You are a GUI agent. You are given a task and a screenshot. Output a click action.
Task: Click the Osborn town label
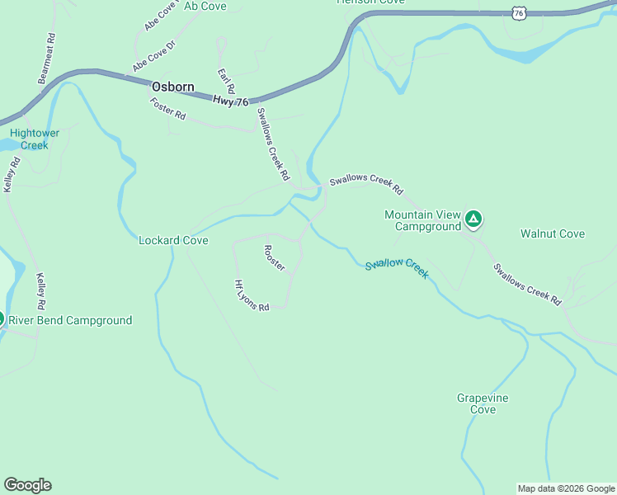172,87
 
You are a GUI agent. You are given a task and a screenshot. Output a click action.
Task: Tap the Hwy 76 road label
230,100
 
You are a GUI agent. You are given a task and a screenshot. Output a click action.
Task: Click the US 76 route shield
518,12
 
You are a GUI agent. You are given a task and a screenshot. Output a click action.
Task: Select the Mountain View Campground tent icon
473,219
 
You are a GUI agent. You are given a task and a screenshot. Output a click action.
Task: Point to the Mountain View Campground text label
422,220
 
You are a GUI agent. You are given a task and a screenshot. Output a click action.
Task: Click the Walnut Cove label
552,233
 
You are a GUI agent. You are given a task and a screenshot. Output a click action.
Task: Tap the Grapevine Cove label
483,403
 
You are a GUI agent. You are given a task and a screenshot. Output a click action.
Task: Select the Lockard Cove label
173,240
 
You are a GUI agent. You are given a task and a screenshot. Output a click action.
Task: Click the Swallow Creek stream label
397,267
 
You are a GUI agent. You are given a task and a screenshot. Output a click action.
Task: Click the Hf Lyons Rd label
252,295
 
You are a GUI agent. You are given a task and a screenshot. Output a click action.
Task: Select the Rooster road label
274,258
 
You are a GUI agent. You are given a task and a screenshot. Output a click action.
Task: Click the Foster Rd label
167,109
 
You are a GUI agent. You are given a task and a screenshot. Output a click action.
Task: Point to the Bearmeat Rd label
46,59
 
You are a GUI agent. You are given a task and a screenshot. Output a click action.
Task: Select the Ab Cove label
205,7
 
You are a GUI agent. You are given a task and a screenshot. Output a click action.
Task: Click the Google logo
27,485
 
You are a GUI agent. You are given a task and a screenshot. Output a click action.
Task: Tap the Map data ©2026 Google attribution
566,488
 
